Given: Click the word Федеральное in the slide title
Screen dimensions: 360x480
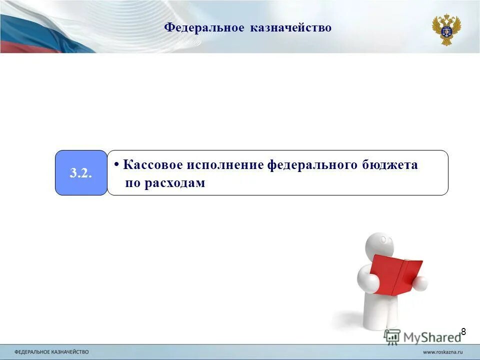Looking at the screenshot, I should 204,27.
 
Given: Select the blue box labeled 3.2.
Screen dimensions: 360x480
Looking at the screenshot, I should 81,173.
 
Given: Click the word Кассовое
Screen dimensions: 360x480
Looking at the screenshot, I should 153,165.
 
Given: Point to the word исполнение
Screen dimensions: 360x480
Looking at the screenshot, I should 225,165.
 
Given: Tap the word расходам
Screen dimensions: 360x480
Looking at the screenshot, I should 175,183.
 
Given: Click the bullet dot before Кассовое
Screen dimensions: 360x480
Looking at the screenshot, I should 116,164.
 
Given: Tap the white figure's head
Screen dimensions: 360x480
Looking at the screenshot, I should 380,245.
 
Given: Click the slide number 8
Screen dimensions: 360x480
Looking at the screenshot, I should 463,331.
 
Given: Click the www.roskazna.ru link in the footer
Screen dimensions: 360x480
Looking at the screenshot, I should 443,352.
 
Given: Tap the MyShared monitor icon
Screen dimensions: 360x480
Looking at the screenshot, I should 392,336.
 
